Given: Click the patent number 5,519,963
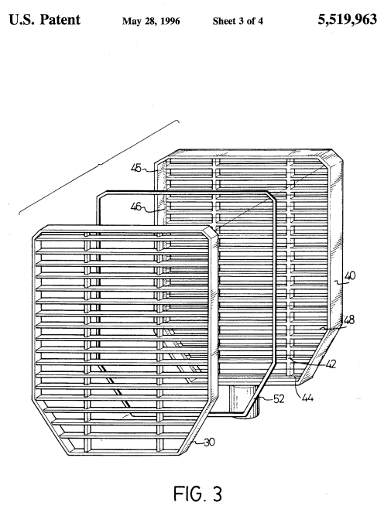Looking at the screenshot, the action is [347, 20].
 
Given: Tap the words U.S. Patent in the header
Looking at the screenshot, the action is [44, 20].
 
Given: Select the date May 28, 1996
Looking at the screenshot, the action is [151, 21].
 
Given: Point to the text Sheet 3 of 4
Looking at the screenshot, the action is [238, 21].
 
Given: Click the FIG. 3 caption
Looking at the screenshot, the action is [198, 494].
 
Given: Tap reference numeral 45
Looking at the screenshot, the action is [136, 168].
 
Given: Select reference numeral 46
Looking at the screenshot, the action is [136, 207].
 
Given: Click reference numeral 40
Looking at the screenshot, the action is [350, 276].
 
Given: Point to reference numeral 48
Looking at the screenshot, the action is [348, 320].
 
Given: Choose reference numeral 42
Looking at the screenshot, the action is [331, 364].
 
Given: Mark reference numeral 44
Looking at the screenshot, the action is [307, 398].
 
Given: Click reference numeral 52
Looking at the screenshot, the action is [279, 398].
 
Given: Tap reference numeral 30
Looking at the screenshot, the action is [210, 442].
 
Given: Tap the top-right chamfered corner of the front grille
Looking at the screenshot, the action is [211, 230].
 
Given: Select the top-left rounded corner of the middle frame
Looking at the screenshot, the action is [99, 194].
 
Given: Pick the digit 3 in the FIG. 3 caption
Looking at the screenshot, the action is [217, 494].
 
